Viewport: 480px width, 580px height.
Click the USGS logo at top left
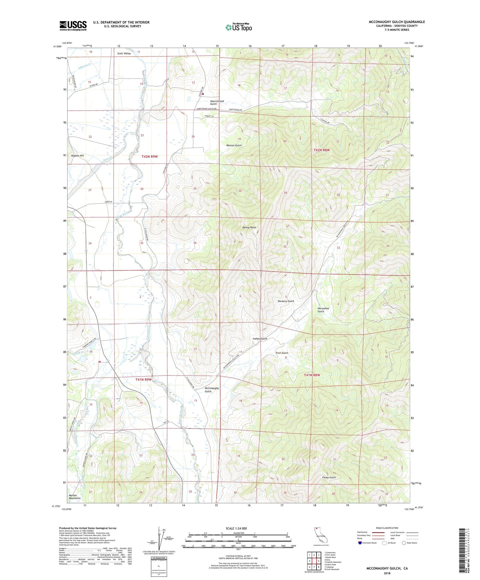click(73, 26)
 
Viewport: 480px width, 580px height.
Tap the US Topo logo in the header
click(239, 28)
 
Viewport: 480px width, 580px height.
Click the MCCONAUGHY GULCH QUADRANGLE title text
click(397, 22)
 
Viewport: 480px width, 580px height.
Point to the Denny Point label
click(249, 227)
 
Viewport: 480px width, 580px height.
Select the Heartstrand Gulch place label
click(217, 102)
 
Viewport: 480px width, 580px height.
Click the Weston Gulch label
click(234, 145)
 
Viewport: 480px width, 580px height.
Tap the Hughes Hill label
click(77, 155)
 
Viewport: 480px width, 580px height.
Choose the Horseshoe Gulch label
click(323, 310)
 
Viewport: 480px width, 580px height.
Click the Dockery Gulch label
click(286, 301)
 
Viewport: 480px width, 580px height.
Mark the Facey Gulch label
click(329, 477)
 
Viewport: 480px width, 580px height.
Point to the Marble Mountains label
click(75, 497)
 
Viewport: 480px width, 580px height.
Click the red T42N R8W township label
click(321, 150)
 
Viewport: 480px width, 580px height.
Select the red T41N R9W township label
click(143, 379)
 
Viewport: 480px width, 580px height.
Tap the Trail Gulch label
click(282, 353)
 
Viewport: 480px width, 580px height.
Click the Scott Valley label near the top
click(124, 53)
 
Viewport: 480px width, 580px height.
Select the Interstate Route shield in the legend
click(360, 543)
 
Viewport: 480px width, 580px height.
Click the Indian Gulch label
click(260, 338)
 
